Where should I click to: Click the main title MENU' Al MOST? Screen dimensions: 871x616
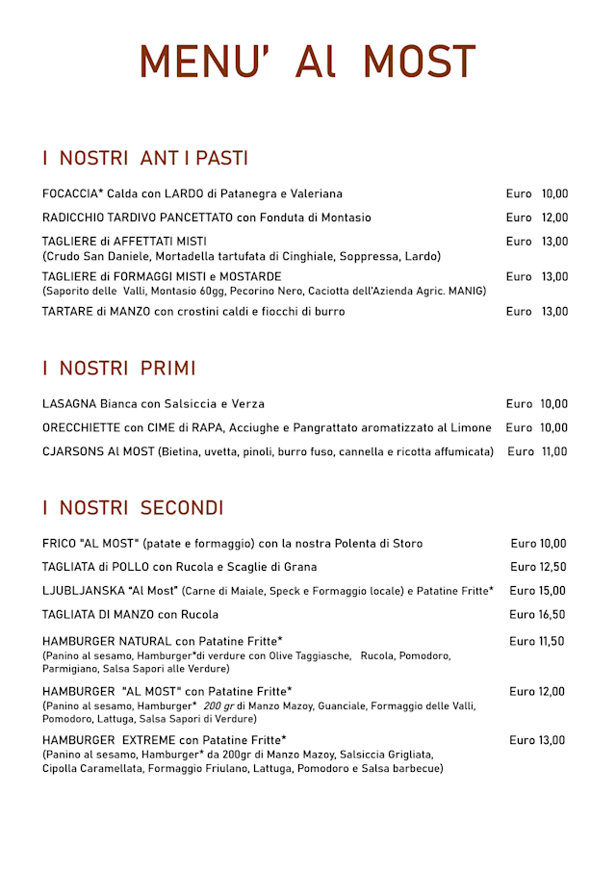[x=307, y=63]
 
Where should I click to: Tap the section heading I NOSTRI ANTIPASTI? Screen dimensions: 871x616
[x=145, y=158]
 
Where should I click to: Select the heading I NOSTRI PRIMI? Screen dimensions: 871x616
[x=119, y=369]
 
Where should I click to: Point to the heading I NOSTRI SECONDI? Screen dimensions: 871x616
[x=133, y=508]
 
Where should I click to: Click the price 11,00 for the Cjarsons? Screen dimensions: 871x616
[x=553, y=451]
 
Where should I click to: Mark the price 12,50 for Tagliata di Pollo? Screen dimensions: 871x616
[x=552, y=567]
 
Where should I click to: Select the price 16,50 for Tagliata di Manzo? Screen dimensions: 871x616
[x=552, y=614]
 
